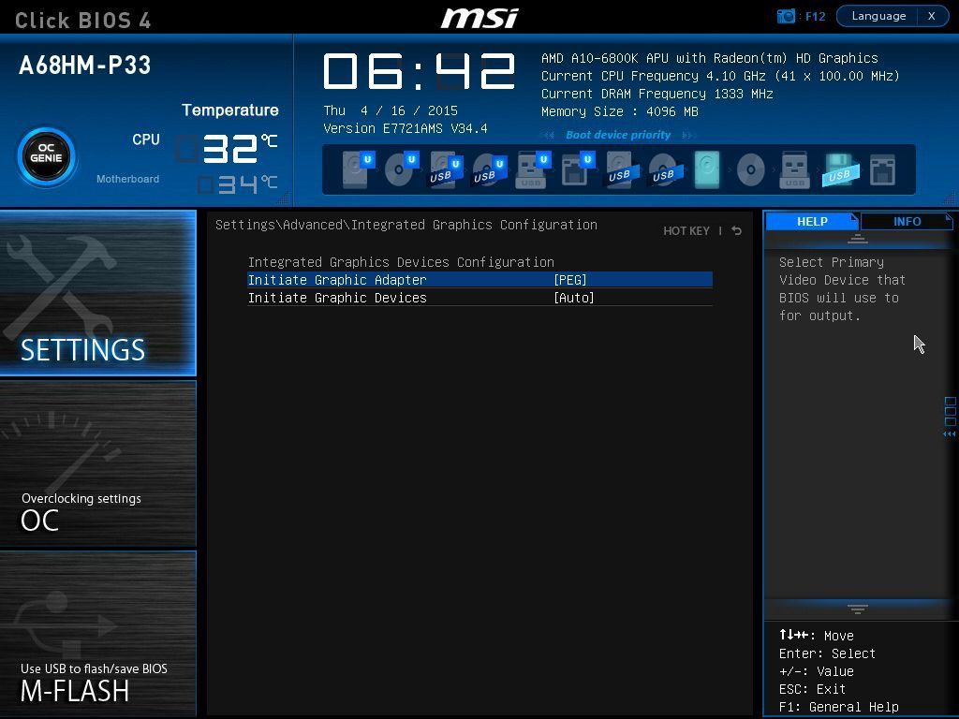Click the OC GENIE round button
[x=47, y=156]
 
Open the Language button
[x=878, y=16]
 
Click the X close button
[x=932, y=16]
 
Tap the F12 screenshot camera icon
[x=786, y=16]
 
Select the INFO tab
[x=907, y=221]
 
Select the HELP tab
[x=812, y=221]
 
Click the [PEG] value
[x=570, y=280]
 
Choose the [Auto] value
[x=574, y=298]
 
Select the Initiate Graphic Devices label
[x=337, y=298]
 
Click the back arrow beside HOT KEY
[x=737, y=230]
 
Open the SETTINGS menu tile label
[x=82, y=350]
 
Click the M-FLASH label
[x=75, y=691]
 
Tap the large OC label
[x=39, y=521]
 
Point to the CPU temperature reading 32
[x=230, y=149]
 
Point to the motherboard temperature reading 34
[x=238, y=184]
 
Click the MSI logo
[x=479, y=18]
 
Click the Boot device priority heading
[x=618, y=135]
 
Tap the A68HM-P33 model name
[x=84, y=65]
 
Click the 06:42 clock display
[x=419, y=71]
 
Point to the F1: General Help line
[x=838, y=707]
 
